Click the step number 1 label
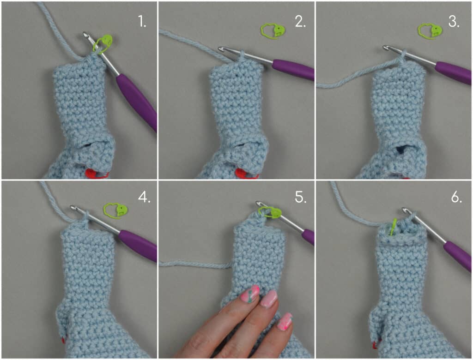tap(142, 22)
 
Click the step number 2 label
tap(300, 22)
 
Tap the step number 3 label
tap(454, 22)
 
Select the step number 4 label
tap(144, 197)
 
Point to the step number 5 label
tap(300, 197)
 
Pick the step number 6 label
tap(456, 197)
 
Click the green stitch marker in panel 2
tap(273, 31)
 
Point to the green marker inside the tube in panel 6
tap(393, 227)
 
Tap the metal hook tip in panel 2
tap(222, 48)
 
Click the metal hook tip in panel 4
tap(73, 208)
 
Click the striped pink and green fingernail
tap(250, 294)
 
